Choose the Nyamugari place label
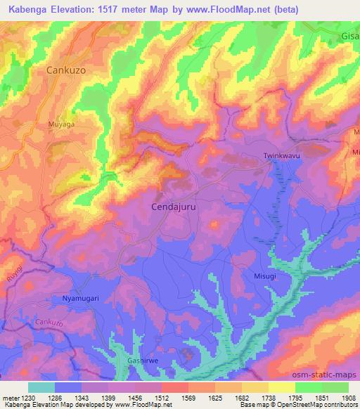pos(72,299)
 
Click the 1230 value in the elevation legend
pos(29,398)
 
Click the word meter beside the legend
pos(11,398)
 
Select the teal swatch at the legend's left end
pos(41,387)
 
